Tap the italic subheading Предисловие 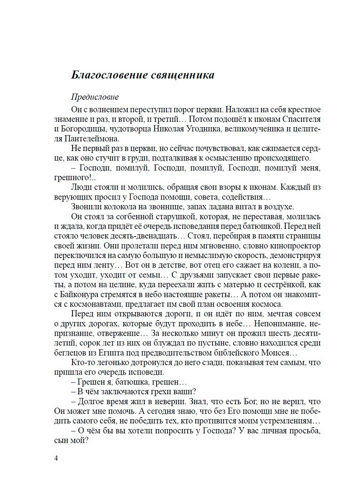94,97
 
